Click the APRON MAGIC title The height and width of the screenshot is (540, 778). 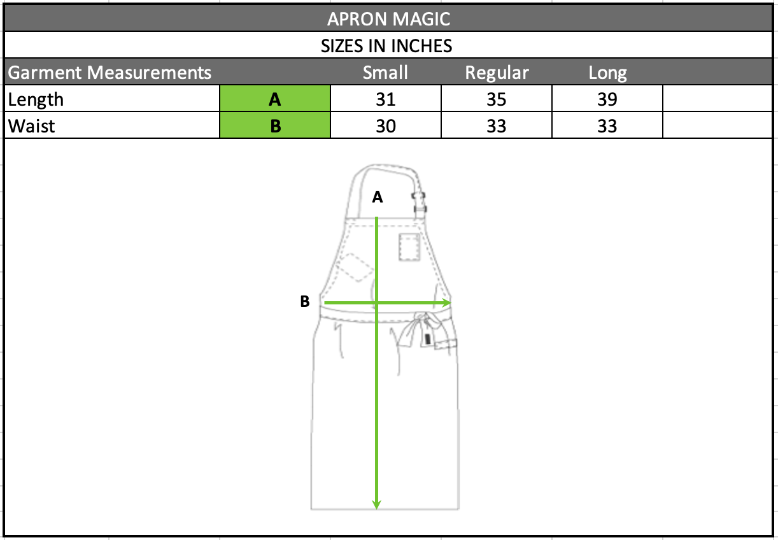(388, 18)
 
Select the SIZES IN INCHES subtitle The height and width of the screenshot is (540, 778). (386, 46)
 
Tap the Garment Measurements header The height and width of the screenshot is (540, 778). (110, 73)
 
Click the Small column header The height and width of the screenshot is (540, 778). (385, 73)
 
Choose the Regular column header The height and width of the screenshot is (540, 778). (497, 73)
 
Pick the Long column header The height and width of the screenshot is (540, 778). (607, 73)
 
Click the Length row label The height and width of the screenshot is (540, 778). (36, 100)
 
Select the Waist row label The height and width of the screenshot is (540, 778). (31, 126)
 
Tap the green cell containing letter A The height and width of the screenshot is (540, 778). (275, 98)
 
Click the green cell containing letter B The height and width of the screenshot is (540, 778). (275, 125)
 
